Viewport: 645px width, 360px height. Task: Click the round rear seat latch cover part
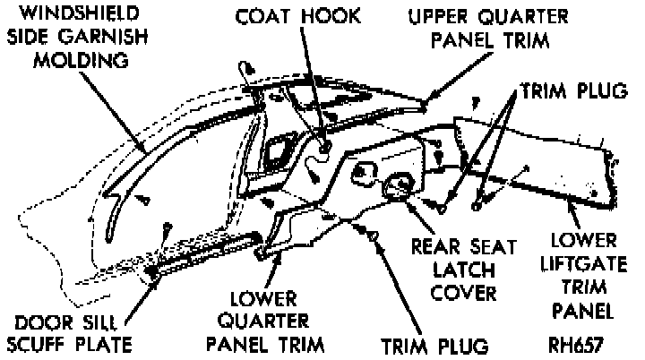(x=397, y=188)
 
